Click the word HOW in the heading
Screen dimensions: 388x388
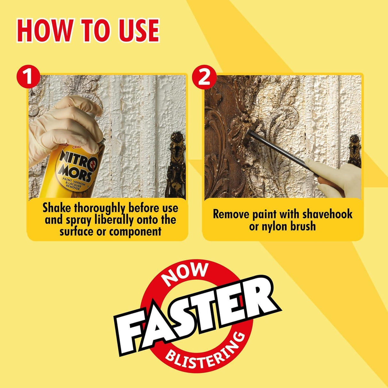click(44, 30)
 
